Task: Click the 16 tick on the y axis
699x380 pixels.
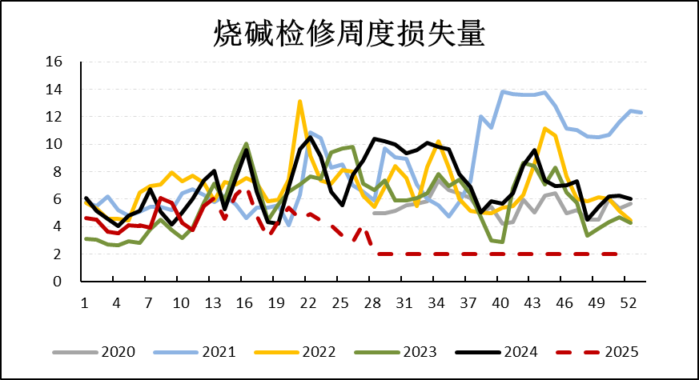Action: (x=54, y=62)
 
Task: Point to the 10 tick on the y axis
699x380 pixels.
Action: (x=54, y=144)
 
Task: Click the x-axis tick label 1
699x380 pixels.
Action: (x=85, y=303)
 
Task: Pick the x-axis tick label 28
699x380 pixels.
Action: (x=374, y=303)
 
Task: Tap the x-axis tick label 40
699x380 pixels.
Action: (x=502, y=303)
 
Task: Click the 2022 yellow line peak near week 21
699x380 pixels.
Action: (x=299, y=102)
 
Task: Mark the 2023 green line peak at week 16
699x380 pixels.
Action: (x=246, y=144)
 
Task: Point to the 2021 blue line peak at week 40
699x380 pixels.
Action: (x=503, y=91)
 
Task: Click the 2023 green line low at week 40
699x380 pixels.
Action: (x=502, y=242)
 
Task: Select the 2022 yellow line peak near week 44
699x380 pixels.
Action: (x=544, y=129)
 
